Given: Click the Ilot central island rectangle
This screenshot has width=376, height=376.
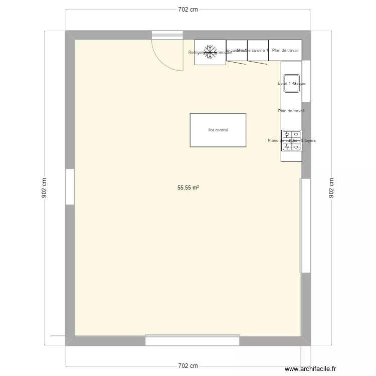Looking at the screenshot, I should coord(218,130).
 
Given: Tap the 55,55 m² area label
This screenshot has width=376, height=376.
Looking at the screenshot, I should coord(188,188).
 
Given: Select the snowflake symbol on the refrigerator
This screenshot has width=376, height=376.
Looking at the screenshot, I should coord(210,52).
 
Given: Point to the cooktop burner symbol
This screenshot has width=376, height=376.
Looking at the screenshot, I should coord(291,141).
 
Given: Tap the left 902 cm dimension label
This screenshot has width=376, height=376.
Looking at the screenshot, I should coord(44,189).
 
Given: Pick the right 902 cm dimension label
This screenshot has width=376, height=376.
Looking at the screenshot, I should coord(331,189).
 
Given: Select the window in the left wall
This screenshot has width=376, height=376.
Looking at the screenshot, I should coord(70,186).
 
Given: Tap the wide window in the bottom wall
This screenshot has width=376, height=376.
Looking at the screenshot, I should coord(193,340).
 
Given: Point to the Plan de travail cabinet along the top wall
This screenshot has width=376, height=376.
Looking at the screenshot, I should coord(285,50).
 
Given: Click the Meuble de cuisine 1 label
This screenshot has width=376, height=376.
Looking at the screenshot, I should coord(253,50).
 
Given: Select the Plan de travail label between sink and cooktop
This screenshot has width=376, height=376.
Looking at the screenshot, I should coord(291,111).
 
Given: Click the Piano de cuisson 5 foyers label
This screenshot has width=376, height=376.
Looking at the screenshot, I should coord(292,141).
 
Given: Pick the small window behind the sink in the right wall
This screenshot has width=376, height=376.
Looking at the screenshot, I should coord(306,81).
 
